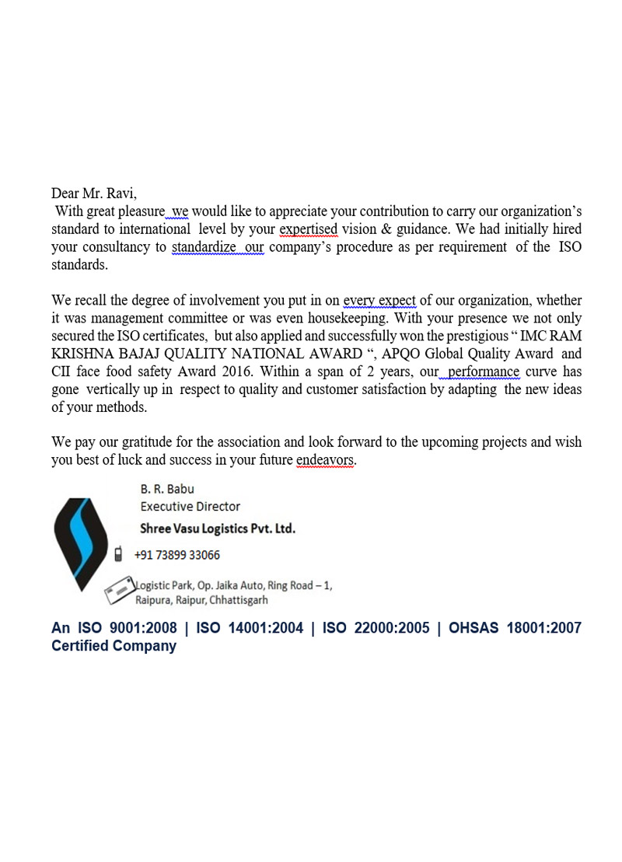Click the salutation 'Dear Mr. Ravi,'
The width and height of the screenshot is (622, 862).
[94, 194]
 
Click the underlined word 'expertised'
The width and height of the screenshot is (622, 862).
[308, 229]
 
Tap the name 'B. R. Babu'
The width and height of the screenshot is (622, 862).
[167, 489]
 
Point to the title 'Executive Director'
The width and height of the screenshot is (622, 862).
[190, 506]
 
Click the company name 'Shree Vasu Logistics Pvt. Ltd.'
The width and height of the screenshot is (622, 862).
[217, 529]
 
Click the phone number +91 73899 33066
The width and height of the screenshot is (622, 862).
[177, 555]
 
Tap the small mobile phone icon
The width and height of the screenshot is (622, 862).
[118, 554]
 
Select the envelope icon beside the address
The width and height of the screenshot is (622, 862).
[119, 591]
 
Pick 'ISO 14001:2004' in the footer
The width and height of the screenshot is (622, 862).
[250, 628]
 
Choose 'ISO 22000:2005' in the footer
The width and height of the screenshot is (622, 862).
[376, 628]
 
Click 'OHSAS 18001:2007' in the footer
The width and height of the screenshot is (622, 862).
[515, 628]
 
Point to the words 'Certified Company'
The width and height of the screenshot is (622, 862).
[114, 646]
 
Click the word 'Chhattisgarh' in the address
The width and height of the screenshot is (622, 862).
[239, 600]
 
